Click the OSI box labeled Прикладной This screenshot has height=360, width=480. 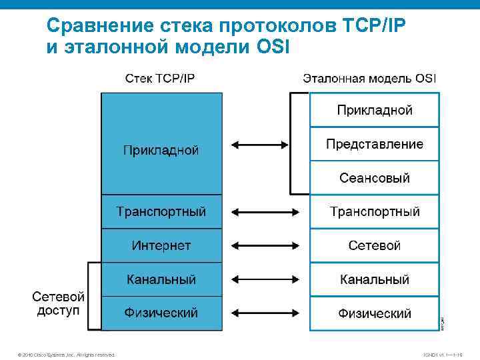coord(374,110)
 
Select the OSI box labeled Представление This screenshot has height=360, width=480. coord(374,144)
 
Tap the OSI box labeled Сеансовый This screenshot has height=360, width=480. coord(374,178)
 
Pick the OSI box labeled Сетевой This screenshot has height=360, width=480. coord(374,245)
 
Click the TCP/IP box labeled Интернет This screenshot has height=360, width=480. coord(161,245)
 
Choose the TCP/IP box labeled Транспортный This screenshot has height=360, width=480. coord(161,212)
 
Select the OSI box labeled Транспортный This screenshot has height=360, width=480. coord(374,212)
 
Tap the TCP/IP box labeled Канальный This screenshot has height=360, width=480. coord(161,279)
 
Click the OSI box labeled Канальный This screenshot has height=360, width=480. coord(374,279)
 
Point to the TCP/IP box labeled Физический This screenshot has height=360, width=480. coord(161,313)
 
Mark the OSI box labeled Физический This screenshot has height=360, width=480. coord(374,313)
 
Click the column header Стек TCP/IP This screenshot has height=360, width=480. coord(161,78)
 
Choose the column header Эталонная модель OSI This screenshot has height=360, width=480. coord(369,78)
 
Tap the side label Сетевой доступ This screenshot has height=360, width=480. coord(59,303)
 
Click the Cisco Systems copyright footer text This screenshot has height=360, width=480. coord(67,355)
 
